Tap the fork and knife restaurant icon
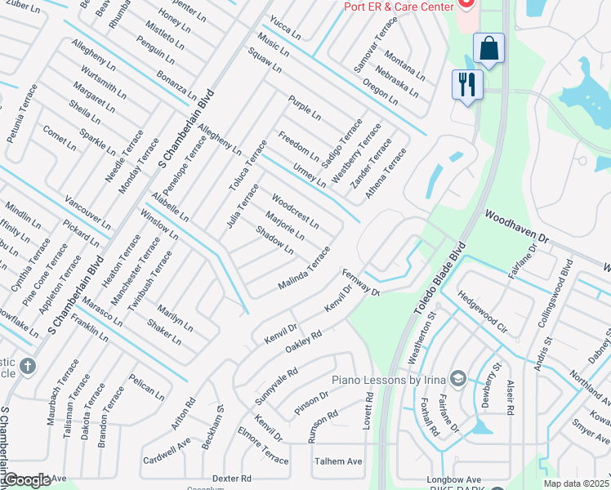(468, 84)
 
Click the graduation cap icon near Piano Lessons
(458, 378)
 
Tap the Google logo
(28, 479)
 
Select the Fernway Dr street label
(361, 283)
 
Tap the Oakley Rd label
(304, 341)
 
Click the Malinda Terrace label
(304, 269)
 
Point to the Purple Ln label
(304, 108)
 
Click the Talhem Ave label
(338, 461)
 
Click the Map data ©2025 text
(576, 483)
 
